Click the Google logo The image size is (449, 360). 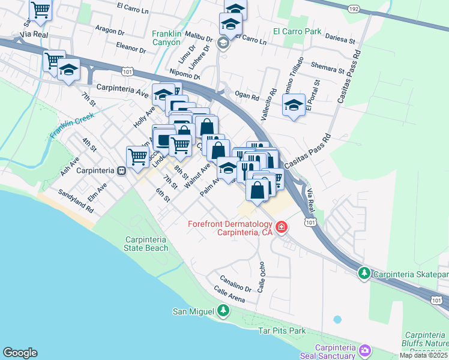[20, 353]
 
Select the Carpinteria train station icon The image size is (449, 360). [121, 171]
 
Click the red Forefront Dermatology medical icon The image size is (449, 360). [281, 227]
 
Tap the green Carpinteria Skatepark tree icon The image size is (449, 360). [364, 274]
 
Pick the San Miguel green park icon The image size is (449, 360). [223, 310]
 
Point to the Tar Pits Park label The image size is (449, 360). [282, 331]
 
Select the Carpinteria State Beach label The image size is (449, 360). [146, 244]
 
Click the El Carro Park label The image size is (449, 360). [297, 31]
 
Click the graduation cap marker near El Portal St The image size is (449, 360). [292, 106]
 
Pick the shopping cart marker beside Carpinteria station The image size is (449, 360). [137, 156]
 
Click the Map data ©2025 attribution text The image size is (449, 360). [424, 355]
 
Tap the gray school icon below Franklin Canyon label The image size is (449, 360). [223, 43]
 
